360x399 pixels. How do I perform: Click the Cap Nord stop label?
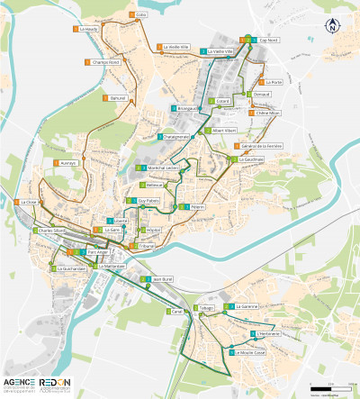[268, 41]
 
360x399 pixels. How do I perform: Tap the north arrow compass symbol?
[332, 25]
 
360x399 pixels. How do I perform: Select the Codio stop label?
[141, 15]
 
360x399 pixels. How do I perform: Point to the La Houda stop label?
[88, 29]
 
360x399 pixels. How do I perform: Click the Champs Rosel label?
[105, 62]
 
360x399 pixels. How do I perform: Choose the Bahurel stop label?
[120, 97]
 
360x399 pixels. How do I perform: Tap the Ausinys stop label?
[69, 163]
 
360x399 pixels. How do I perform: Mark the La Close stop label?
[29, 203]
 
